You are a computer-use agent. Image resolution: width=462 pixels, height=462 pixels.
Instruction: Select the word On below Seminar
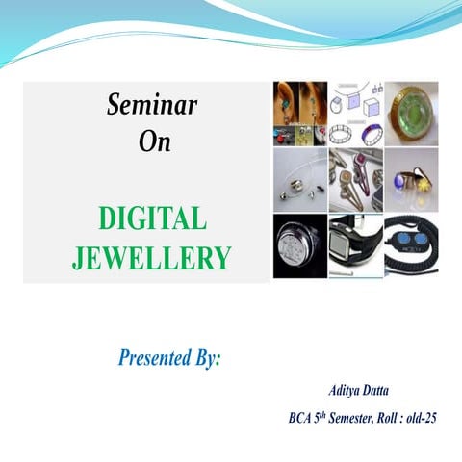tap(154, 141)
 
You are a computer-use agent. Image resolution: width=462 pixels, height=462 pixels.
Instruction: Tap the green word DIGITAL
tap(152, 219)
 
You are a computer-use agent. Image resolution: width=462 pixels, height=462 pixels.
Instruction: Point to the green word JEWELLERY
tap(152, 258)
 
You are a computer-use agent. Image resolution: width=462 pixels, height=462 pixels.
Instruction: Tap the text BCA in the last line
tap(301, 419)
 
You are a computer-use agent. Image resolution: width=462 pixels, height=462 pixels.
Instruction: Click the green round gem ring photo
tap(411, 113)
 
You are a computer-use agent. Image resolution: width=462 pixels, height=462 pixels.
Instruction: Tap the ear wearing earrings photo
tap(299, 113)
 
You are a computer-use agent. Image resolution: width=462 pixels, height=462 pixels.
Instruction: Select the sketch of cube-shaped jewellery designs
tap(355, 113)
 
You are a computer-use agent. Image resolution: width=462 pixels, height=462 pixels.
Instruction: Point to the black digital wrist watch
tap(355, 245)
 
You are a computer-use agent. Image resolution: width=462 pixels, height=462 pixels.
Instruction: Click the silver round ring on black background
tap(299, 245)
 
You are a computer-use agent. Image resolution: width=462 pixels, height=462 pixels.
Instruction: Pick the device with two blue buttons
tap(411, 245)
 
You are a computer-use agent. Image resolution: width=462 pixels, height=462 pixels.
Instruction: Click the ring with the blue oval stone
tap(411, 179)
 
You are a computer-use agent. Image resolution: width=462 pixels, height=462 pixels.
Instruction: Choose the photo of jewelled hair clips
tap(355, 179)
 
